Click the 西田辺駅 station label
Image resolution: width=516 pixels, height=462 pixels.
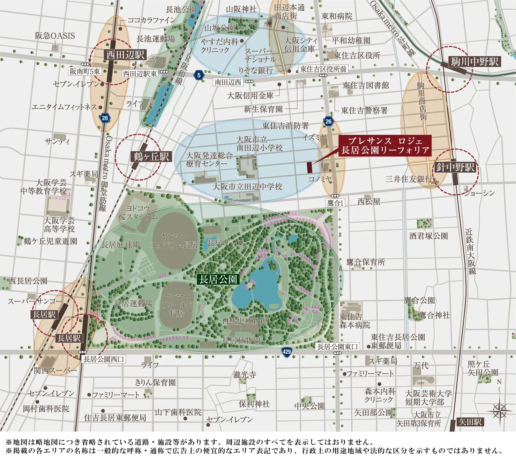pyautogui.click(x=125, y=55)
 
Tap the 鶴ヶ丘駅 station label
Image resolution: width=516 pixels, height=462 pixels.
pyautogui.click(x=151, y=156)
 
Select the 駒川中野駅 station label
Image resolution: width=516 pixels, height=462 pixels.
pyautogui.click(x=475, y=62)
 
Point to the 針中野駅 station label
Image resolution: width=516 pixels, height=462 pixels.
pyautogui.click(x=455, y=167)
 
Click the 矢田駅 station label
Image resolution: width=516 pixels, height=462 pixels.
pyautogui.click(x=470, y=422)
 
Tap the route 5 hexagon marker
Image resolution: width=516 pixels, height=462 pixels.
pyautogui.click(x=199, y=75)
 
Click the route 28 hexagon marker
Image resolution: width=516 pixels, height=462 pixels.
pyautogui.click(x=105, y=118)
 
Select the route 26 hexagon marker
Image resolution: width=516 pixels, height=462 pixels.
pyautogui.click(x=328, y=121)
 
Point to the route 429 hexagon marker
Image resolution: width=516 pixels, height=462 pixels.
pyautogui.click(x=287, y=352)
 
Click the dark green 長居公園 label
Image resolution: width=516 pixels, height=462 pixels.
pyautogui.click(x=218, y=279)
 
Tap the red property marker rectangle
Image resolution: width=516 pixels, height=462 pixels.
pyautogui.click(x=309, y=167)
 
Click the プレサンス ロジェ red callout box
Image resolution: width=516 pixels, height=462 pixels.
pyautogui.click(x=385, y=145)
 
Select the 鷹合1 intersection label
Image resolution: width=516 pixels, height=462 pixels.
pyautogui.click(x=335, y=203)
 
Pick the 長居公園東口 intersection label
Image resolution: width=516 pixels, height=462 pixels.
pyautogui.click(x=338, y=347)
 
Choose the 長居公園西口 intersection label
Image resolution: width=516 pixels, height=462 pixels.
pyautogui.click(x=104, y=359)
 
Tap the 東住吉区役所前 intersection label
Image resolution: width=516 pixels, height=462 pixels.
pyautogui.click(x=323, y=69)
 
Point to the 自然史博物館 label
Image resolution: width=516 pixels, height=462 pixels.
pyautogui.click(x=245, y=321)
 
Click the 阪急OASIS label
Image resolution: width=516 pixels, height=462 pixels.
pyautogui.click(x=55, y=36)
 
